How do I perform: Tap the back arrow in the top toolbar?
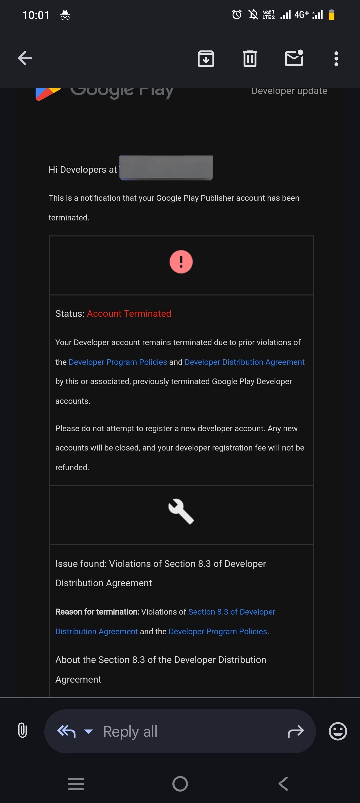coord(25,58)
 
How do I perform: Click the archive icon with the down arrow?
coord(206,59)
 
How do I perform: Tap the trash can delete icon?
coord(250,59)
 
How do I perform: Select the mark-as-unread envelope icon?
coord(294,58)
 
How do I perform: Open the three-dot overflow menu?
coord(336,59)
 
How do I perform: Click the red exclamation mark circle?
coord(181,262)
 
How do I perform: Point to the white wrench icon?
coord(181,511)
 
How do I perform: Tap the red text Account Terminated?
coord(129,313)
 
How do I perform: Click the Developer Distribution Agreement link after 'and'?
coord(244,362)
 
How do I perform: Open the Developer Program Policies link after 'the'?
coord(118,362)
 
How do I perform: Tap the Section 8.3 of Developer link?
coord(232,612)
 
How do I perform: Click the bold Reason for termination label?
coord(97,612)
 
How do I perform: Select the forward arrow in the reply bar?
coord(295,732)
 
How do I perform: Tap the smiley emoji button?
coord(338,731)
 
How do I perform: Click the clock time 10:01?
coord(36,15)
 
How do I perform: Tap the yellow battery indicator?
coord(331,15)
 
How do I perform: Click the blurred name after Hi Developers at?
coord(166,168)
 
